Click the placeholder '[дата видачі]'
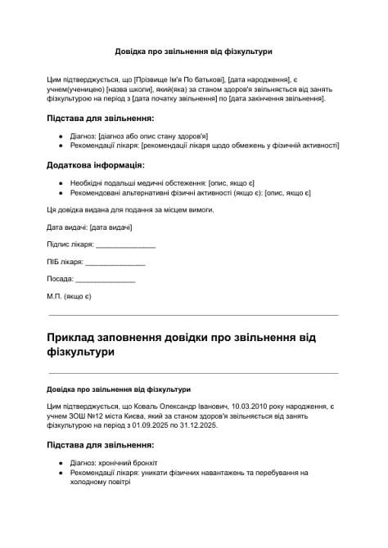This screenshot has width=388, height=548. tap(111, 227)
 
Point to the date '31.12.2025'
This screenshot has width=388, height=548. tap(196, 425)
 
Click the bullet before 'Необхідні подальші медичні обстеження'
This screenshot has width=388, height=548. tap(61, 182)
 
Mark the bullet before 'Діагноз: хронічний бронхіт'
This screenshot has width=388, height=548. tap(61, 463)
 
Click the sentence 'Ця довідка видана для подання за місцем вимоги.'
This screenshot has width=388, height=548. tap(132, 210)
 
